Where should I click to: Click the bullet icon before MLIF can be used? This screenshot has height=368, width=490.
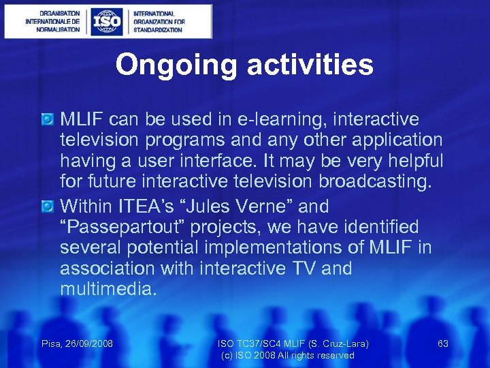48,120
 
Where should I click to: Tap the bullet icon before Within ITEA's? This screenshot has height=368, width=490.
48,206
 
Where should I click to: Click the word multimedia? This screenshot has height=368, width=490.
108,290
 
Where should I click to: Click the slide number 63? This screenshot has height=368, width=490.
443,343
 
